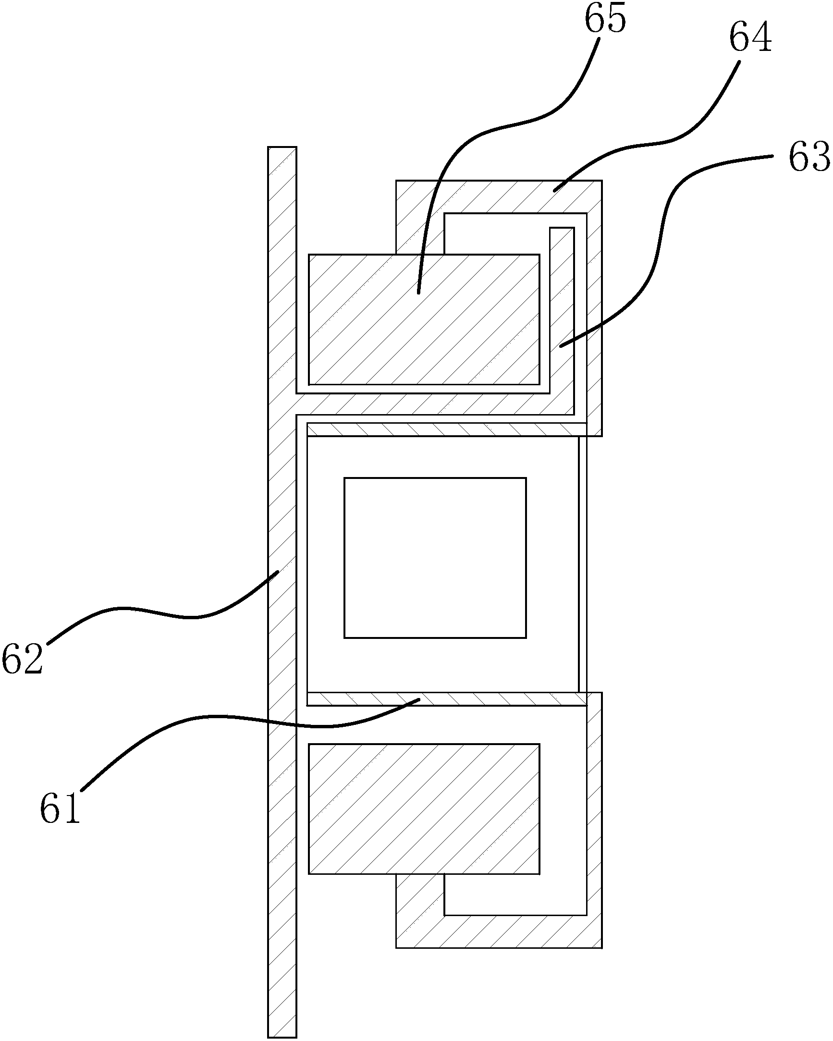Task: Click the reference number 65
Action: coord(606,18)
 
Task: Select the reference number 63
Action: coord(810,157)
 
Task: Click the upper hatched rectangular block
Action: coord(424,319)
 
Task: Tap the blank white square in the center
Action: coord(435,558)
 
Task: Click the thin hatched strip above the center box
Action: coord(447,430)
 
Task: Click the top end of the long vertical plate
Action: coord(282,148)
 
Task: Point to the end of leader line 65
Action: coord(418,293)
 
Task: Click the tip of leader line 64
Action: coord(554,192)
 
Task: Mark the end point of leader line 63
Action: coord(560,346)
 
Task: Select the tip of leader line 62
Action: coord(278,571)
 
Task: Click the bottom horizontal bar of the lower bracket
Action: coord(499,931)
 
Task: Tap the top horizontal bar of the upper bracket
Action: coord(499,196)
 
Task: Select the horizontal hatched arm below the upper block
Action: coord(435,404)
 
